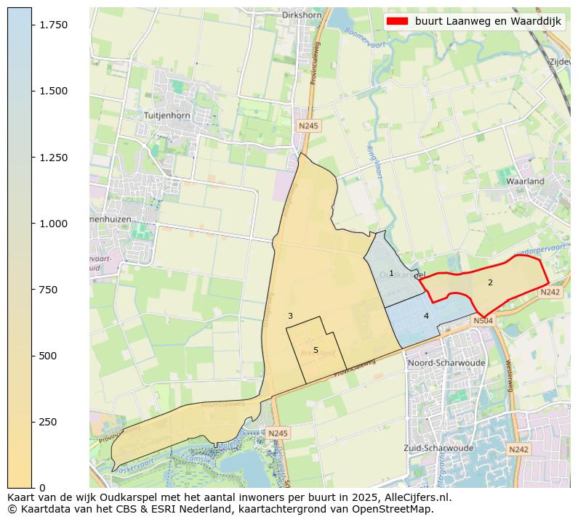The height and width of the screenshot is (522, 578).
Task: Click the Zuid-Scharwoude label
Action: tap(435, 448)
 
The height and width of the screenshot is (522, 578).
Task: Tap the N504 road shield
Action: tap(483, 320)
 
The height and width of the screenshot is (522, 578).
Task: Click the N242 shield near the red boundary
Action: tap(550, 292)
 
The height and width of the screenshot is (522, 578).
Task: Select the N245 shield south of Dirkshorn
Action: tap(308, 126)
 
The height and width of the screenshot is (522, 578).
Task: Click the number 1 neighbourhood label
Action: tap(391, 274)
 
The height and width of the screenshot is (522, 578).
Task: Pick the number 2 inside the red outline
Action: tap(490, 282)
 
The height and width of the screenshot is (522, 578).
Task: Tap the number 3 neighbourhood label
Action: tap(290, 316)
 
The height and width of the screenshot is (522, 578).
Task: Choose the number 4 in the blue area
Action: tap(426, 316)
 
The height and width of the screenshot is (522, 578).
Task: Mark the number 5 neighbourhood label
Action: tap(316, 350)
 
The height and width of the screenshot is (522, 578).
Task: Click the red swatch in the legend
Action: tap(398, 21)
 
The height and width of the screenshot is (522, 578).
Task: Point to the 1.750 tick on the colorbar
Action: tap(53, 25)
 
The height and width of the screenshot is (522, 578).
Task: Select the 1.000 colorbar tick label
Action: tap(53, 224)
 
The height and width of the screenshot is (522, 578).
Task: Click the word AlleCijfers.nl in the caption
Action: tap(414, 498)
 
